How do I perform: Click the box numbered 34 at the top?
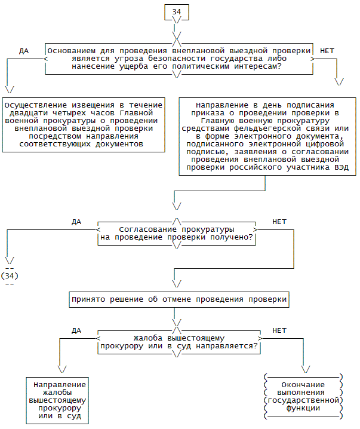point(176,11)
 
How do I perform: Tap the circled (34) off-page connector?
point(10,275)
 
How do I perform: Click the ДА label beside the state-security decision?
point(24,51)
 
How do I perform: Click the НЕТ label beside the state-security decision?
point(327,51)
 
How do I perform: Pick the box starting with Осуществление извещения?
point(82,124)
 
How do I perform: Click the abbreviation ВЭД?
point(339,167)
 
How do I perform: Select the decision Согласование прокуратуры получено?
point(177,233)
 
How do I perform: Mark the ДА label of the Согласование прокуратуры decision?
point(76,222)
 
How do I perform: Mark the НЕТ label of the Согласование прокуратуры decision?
point(279,222)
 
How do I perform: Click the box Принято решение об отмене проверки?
point(179,299)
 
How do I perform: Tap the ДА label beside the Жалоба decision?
point(76,330)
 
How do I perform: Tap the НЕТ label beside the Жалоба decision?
point(279,330)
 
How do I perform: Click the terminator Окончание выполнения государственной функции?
point(303,396)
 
